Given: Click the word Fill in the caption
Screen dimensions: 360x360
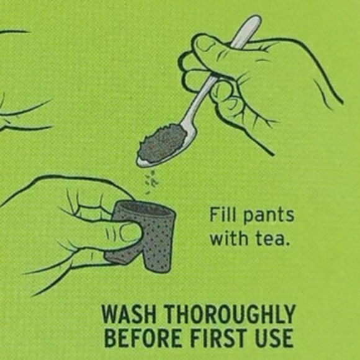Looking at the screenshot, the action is click(x=222, y=214).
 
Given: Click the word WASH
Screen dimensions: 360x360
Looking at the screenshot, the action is click(x=128, y=314).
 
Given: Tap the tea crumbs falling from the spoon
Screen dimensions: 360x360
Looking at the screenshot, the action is click(x=151, y=181).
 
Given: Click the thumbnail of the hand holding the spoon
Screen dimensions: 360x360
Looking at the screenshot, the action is click(x=204, y=43).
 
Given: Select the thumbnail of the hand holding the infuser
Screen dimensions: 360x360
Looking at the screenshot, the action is click(x=130, y=233).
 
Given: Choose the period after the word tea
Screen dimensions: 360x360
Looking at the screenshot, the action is click(x=286, y=243).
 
